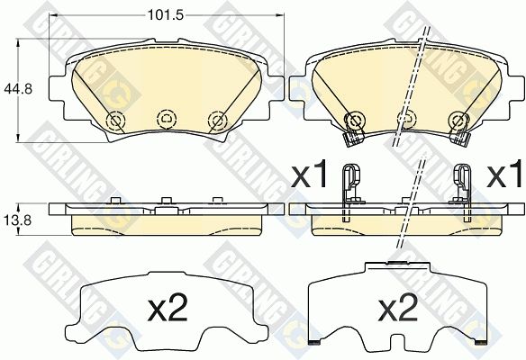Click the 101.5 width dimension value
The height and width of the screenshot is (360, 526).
pos(167,14)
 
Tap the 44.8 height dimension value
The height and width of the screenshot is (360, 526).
pos(17,89)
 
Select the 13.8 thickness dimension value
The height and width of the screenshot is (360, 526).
pos(17,220)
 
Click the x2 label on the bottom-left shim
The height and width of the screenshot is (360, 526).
pos(168,308)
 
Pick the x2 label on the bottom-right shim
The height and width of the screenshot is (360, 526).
pos(398,308)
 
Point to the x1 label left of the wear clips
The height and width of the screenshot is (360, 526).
pos(309,174)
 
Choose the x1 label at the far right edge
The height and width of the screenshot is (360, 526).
pos(506,174)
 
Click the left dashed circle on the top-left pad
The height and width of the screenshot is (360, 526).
pos(115,120)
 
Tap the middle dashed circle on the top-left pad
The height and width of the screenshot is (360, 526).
pos(167,118)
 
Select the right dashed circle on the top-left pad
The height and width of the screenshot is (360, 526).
pos(217,120)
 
